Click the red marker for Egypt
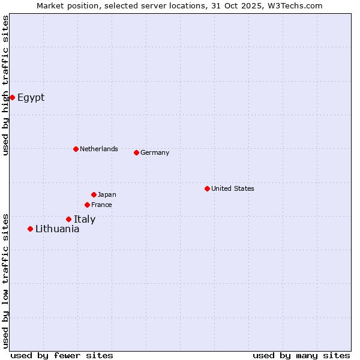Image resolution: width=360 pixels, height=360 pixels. click(x=12, y=97)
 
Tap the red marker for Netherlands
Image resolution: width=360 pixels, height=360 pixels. click(x=76, y=149)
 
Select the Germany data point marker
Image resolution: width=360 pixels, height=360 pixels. click(x=136, y=152)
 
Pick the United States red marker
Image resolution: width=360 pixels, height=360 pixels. click(x=207, y=188)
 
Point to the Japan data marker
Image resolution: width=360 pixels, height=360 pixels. click(x=94, y=194)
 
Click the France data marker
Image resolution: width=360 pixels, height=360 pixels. click(x=87, y=205)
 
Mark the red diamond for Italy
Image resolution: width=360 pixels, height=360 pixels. click(x=68, y=219)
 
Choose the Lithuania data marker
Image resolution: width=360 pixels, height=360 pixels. click(x=30, y=229)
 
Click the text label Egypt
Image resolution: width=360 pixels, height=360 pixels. click(x=31, y=98)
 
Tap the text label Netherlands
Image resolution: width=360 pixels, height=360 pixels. click(x=99, y=149)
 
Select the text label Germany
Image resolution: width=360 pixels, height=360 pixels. click(x=155, y=152)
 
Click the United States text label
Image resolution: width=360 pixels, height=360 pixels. click(x=233, y=188)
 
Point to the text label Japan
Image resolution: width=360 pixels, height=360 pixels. click(x=107, y=194)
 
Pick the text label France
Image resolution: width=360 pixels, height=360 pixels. click(x=101, y=205)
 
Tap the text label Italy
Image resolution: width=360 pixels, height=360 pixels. click(x=85, y=220)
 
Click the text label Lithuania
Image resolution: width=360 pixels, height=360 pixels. click(x=57, y=229)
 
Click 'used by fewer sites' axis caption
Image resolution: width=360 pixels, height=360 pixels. click(x=62, y=355)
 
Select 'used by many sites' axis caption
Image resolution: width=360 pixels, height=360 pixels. click(x=301, y=355)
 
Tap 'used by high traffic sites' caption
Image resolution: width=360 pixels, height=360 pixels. click(x=5, y=85)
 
